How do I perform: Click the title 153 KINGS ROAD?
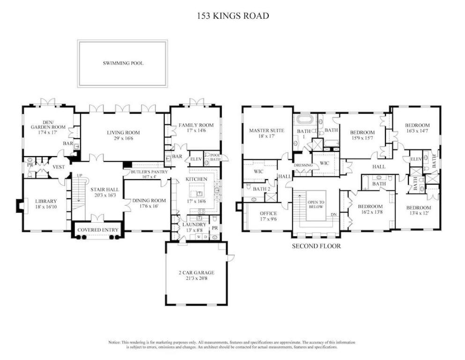pyautogui.click(x=232, y=16)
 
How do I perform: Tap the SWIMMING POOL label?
pyautogui.click(x=123, y=63)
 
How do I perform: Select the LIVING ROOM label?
pyautogui.click(x=123, y=133)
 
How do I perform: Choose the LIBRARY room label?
pyautogui.click(x=46, y=202)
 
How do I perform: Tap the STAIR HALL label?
pyautogui.click(x=104, y=190)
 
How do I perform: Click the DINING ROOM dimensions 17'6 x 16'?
pyautogui.click(x=148, y=206)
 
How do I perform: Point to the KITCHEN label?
pyautogui.click(x=196, y=180)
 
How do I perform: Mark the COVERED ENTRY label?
pyautogui.click(x=97, y=230)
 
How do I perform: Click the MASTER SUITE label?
pyautogui.click(x=266, y=131)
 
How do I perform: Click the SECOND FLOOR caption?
pyautogui.click(x=316, y=246)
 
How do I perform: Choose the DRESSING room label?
pyautogui.click(x=303, y=165)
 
